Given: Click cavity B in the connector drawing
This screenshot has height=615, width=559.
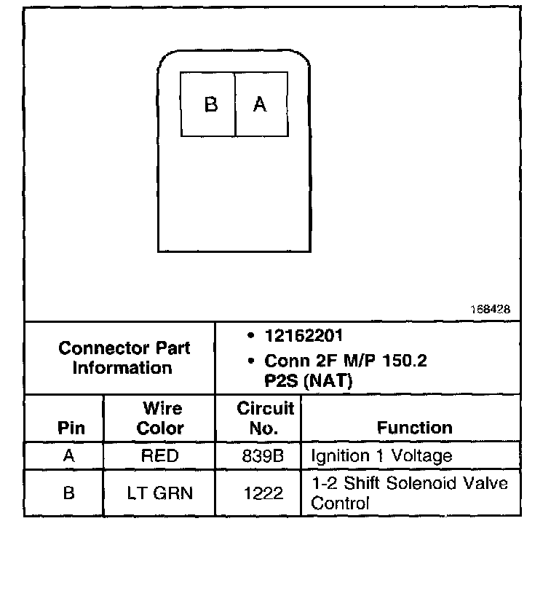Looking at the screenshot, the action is pos(210,104).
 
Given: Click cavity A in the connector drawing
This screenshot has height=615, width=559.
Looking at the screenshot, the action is pos(260,104).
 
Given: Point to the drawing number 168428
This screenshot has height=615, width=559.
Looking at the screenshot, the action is pos(489,309).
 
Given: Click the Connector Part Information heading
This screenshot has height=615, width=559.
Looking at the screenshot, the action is pos(123,357).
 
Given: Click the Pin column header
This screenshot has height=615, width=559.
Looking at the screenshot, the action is pos(70,428).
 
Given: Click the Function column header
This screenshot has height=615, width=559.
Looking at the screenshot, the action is pos(414,428).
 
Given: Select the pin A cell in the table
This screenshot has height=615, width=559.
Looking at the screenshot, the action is pos(68,456).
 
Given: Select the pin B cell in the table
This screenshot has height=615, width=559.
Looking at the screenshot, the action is pos(68,493).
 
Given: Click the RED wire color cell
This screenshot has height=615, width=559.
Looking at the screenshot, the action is pos(159,456).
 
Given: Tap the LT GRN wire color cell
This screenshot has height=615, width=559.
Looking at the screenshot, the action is pos(159,493).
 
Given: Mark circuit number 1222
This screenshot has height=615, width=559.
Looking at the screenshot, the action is pos(263,493).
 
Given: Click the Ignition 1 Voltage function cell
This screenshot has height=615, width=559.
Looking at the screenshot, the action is pos(381,456).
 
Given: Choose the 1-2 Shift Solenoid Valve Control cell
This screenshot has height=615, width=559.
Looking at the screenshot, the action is pos(409,493).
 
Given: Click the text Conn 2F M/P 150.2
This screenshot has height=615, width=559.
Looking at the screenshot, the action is pos(345,361).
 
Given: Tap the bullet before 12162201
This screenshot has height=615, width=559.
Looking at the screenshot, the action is pos(250,337).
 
